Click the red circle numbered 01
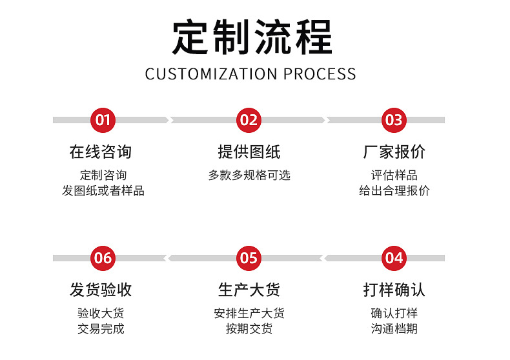click(103, 120)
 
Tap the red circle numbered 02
click(249, 120)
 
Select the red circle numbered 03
click(394, 120)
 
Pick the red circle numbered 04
click(394, 258)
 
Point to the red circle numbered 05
click(249, 258)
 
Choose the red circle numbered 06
click(103, 258)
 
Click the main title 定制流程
click(252, 37)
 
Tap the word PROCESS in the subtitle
click(320, 74)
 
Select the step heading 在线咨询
click(101, 152)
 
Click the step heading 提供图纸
click(249, 152)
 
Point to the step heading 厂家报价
click(394, 152)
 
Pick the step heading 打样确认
click(394, 290)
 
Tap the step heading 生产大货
click(249, 290)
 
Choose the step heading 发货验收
click(101, 290)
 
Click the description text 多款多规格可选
click(249, 175)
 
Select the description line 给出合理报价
click(394, 190)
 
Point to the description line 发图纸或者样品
click(103, 190)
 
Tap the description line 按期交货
click(249, 329)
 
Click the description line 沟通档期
click(394, 329)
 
